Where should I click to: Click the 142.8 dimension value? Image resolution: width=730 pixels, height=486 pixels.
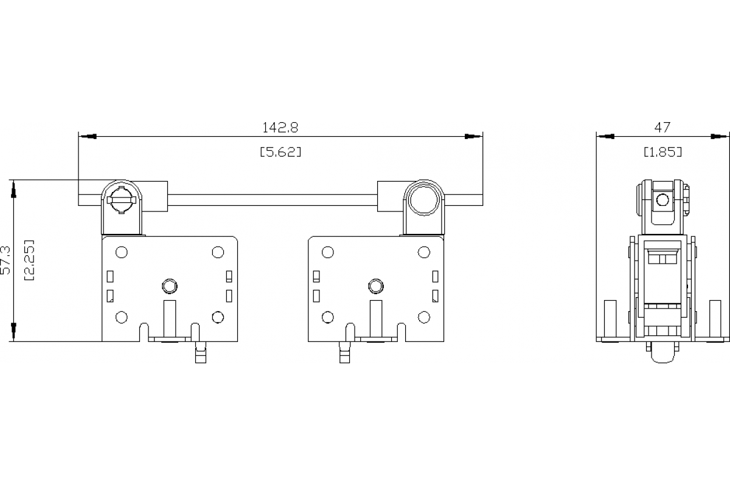click(280, 128)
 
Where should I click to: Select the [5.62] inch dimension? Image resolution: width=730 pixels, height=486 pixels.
click(280, 152)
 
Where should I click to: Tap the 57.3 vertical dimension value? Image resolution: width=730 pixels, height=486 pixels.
click(7, 260)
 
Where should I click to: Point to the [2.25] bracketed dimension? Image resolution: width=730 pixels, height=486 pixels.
click(29, 260)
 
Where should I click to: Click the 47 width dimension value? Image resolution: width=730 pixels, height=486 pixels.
click(662, 127)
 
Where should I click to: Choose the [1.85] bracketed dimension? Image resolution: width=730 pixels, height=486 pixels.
click(662, 152)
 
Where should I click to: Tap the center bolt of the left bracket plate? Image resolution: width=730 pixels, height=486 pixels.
click(170, 286)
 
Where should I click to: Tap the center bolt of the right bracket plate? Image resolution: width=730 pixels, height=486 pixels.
click(376, 286)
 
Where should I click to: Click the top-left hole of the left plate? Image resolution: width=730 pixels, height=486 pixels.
click(121, 252)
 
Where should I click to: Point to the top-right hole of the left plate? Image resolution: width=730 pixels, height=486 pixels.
click(218, 252)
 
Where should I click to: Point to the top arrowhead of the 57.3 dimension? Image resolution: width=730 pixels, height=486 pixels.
click(13, 189)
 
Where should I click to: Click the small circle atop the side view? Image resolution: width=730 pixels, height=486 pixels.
click(662, 199)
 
